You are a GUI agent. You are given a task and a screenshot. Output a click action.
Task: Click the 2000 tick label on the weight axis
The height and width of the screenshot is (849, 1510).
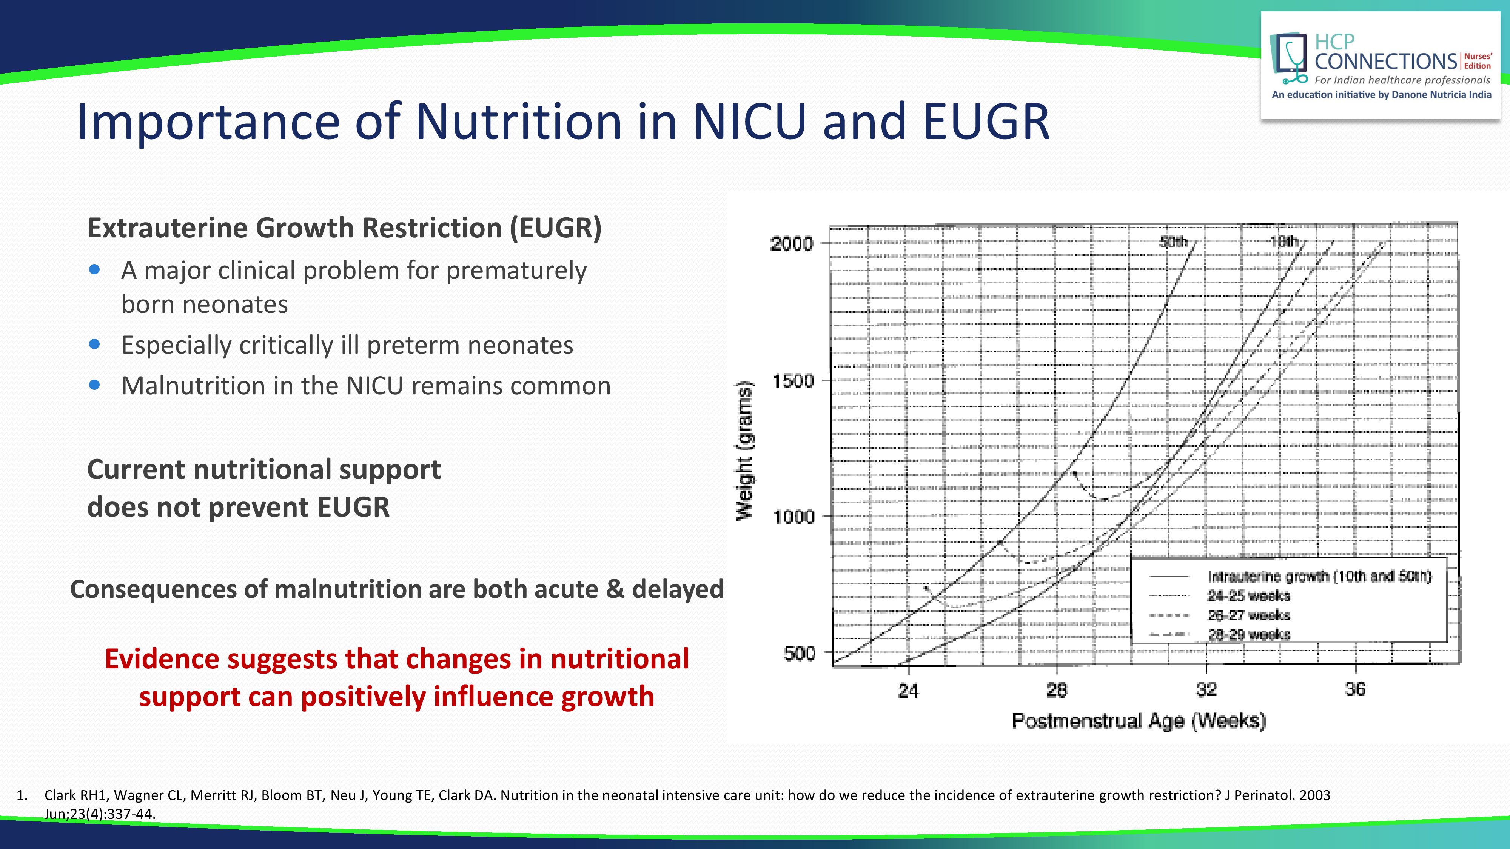coord(791,244)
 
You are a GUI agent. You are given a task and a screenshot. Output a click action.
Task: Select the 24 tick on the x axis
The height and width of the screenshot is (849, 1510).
coord(908,691)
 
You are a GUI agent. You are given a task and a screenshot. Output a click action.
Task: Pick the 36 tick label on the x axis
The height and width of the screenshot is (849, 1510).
coord(1355,690)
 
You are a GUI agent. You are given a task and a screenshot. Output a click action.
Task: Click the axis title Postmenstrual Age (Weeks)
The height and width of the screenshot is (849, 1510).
coord(1139,721)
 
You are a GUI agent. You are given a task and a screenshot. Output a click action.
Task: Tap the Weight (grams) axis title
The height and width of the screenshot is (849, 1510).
coord(744,451)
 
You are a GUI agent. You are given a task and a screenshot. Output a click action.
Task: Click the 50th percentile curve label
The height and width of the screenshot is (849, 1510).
coord(1173,242)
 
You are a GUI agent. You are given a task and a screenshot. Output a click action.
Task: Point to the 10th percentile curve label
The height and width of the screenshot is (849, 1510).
coord(1284,241)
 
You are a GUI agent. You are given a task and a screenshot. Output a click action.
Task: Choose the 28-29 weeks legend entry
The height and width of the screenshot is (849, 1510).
coord(1248,635)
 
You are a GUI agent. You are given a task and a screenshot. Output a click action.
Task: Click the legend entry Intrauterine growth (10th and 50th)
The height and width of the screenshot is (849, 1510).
coord(1319,577)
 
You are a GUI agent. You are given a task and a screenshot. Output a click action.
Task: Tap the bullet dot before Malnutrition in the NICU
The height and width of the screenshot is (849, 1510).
coord(94,385)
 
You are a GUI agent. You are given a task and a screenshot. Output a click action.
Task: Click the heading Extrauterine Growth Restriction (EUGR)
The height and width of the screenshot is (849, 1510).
coord(344,228)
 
